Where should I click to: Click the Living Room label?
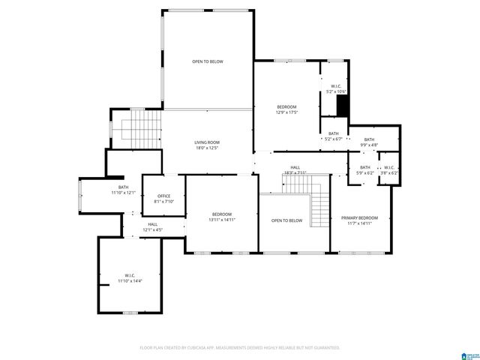tap(207, 142)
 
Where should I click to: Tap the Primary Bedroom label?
tap(359, 217)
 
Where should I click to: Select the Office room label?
tap(163, 196)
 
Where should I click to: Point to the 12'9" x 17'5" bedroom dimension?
tap(287, 112)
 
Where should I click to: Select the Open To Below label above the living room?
tap(207, 61)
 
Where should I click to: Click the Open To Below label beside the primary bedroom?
tap(286, 220)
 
